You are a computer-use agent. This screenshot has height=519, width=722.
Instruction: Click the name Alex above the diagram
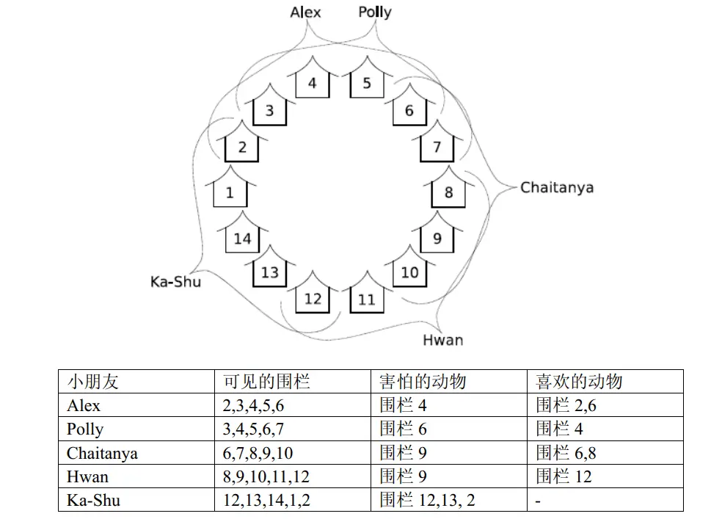305,12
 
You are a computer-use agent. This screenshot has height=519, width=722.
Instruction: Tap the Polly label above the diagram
375,12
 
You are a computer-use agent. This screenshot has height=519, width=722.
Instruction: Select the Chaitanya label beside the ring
557,187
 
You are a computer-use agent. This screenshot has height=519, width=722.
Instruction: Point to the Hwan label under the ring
443,341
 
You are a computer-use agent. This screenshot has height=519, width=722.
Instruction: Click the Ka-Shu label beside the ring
175,281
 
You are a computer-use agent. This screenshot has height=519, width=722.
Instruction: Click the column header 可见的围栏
266,382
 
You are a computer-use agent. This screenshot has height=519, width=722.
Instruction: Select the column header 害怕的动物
423,382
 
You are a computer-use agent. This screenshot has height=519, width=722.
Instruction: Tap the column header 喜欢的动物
579,382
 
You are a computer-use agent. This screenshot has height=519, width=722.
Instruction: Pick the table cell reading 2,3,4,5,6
253,406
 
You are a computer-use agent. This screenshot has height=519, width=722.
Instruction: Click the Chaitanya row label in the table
102,453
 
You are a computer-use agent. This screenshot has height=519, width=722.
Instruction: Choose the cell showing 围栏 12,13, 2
427,500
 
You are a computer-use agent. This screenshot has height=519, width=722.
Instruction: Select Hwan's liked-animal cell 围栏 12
564,476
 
